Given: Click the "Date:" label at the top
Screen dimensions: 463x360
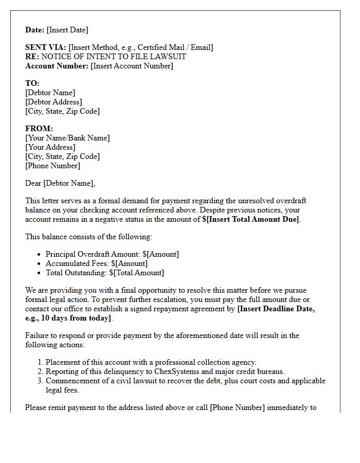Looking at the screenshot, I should pyautogui.click(x=35, y=30).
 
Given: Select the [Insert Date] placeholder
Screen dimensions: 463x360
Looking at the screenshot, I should pyautogui.click(x=67, y=30).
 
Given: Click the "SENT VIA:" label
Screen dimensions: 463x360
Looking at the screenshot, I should pyautogui.click(x=46, y=47).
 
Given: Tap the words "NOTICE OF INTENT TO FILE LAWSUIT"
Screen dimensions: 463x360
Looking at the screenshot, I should pyautogui.click(x=114, y=57).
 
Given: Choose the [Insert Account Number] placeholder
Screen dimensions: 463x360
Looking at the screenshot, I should pyautogui.click(x=132, y=66).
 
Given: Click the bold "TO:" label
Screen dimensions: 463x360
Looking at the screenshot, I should pyautogui.click(x=32, y=83).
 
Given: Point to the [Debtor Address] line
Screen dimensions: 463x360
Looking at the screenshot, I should pyautogui.click(x=53, y=102).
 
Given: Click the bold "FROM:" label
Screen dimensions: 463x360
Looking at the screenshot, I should pyautogui.click(x=39, y=129).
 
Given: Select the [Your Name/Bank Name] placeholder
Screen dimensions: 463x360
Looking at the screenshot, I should pyautogui.click(x=67, y=138).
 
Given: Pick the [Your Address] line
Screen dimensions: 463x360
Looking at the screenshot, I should pyautogui.click(x=50, y=147).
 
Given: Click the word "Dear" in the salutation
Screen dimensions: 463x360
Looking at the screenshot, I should pyautogui.click(x=33, y=183).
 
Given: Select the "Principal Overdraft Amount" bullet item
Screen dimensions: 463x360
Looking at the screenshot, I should pyautogui.click(x=112, y=254).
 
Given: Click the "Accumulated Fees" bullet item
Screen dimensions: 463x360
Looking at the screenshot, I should pyautogui.click(x=97, y=263).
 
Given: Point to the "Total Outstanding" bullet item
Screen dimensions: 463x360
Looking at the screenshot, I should pyautogui.click(x=105, y=273).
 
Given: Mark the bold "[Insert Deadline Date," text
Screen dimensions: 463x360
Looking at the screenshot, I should pyautogui.click(x=276, y=309).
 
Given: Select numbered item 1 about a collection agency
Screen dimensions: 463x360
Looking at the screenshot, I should pyautogui.click(x=151, y=362).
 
